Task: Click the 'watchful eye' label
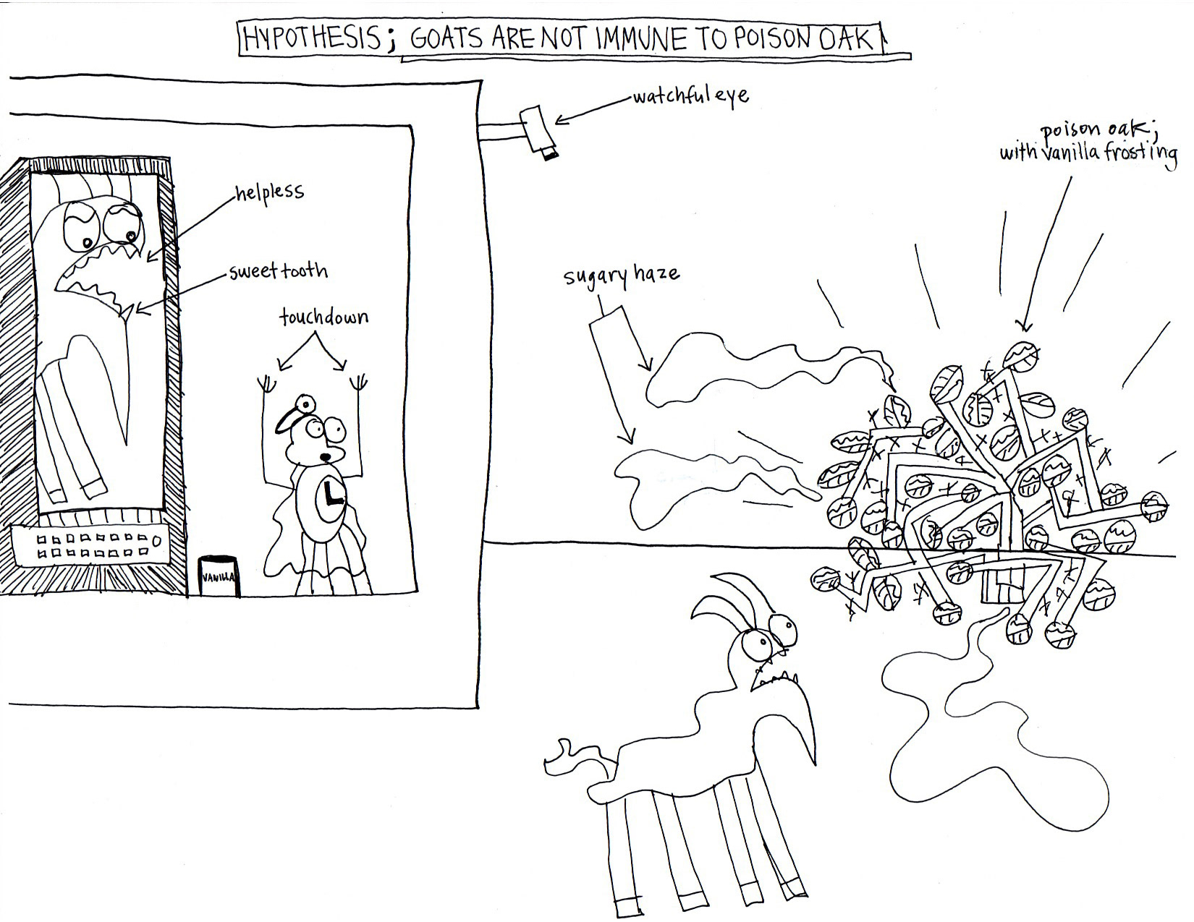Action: pos(690,96)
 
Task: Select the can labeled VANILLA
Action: pos(219,576)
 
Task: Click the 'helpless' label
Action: pos(268,193)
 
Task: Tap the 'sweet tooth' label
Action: pos(278,273)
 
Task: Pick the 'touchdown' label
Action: pos(323,317)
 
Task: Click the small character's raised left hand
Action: pos(267,383)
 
